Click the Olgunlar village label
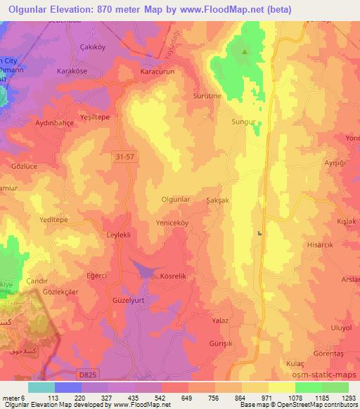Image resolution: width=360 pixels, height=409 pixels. pyautogui.click(x=176, y=200)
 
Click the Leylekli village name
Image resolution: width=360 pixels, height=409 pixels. pyautogui.click(x=120, y=235)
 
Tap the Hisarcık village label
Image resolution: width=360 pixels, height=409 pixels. pyautogui.click(x=319, y=247)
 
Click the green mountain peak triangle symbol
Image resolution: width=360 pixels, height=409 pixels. pyautogui.click(x=245, y=51)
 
